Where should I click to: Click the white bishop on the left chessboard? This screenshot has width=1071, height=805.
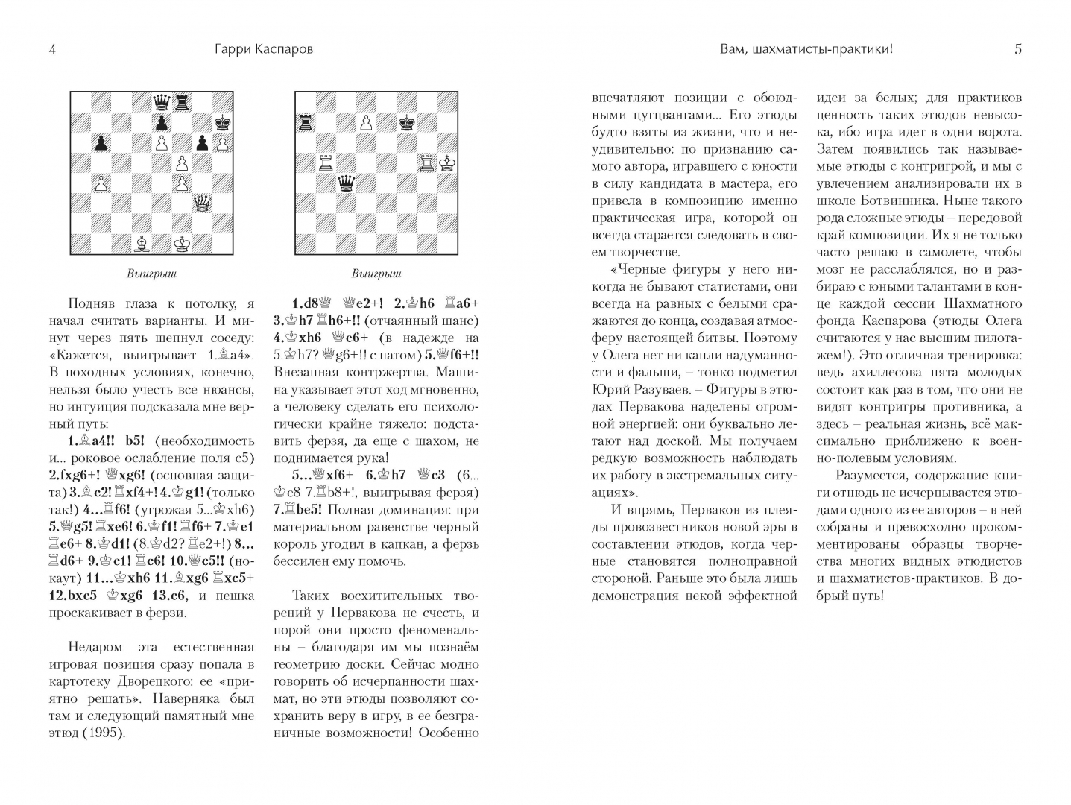tap(140, 243)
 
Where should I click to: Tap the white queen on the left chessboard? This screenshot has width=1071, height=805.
tap(201, 202)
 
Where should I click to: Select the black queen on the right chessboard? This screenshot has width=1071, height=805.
tap(346, 183)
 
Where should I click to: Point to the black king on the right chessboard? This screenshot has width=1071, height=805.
tap(407, 121)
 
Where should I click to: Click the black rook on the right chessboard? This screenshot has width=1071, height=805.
tap(306, 121)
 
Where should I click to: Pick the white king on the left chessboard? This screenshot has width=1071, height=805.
tap(181, 243)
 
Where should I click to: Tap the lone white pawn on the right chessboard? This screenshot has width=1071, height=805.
tap(366, 121)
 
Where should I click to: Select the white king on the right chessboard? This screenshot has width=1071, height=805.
tap(447, 162)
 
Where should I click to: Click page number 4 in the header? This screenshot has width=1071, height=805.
tap(52, 50)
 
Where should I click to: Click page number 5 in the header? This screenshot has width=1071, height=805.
tap(1018, 50)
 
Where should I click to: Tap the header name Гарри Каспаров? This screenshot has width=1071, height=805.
tap(259, 50)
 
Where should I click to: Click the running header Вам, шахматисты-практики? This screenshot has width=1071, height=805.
tap(806, 50)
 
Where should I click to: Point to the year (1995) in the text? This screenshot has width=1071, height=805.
tap(103, 733)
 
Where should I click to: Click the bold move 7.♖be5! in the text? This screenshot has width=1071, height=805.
tap(308, 510)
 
